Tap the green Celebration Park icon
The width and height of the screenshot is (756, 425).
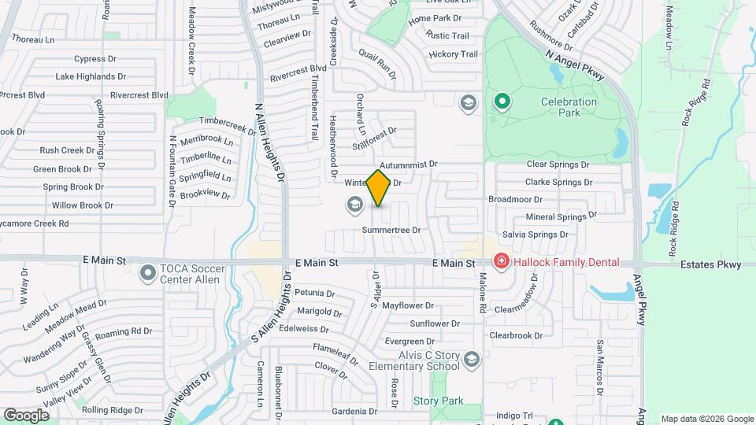[501, 102]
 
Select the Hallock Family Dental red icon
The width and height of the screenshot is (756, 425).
[499, 262]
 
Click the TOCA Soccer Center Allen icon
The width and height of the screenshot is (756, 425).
[147, 274]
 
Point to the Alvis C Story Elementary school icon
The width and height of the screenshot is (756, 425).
[471, 360]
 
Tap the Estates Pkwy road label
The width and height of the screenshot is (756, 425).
[711, 264]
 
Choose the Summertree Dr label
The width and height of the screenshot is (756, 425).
[391, 231]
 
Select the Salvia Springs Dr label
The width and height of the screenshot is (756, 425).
[535, 235]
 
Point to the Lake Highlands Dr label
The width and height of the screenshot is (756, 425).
[91, 76]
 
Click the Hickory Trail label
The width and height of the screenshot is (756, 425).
[453, 54]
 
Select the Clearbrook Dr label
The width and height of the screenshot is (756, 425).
[516, 335]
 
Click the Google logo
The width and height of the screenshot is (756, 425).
[27, 415]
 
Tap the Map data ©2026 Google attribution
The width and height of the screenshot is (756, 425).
[706, 419]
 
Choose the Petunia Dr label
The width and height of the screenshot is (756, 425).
[315, 293]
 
